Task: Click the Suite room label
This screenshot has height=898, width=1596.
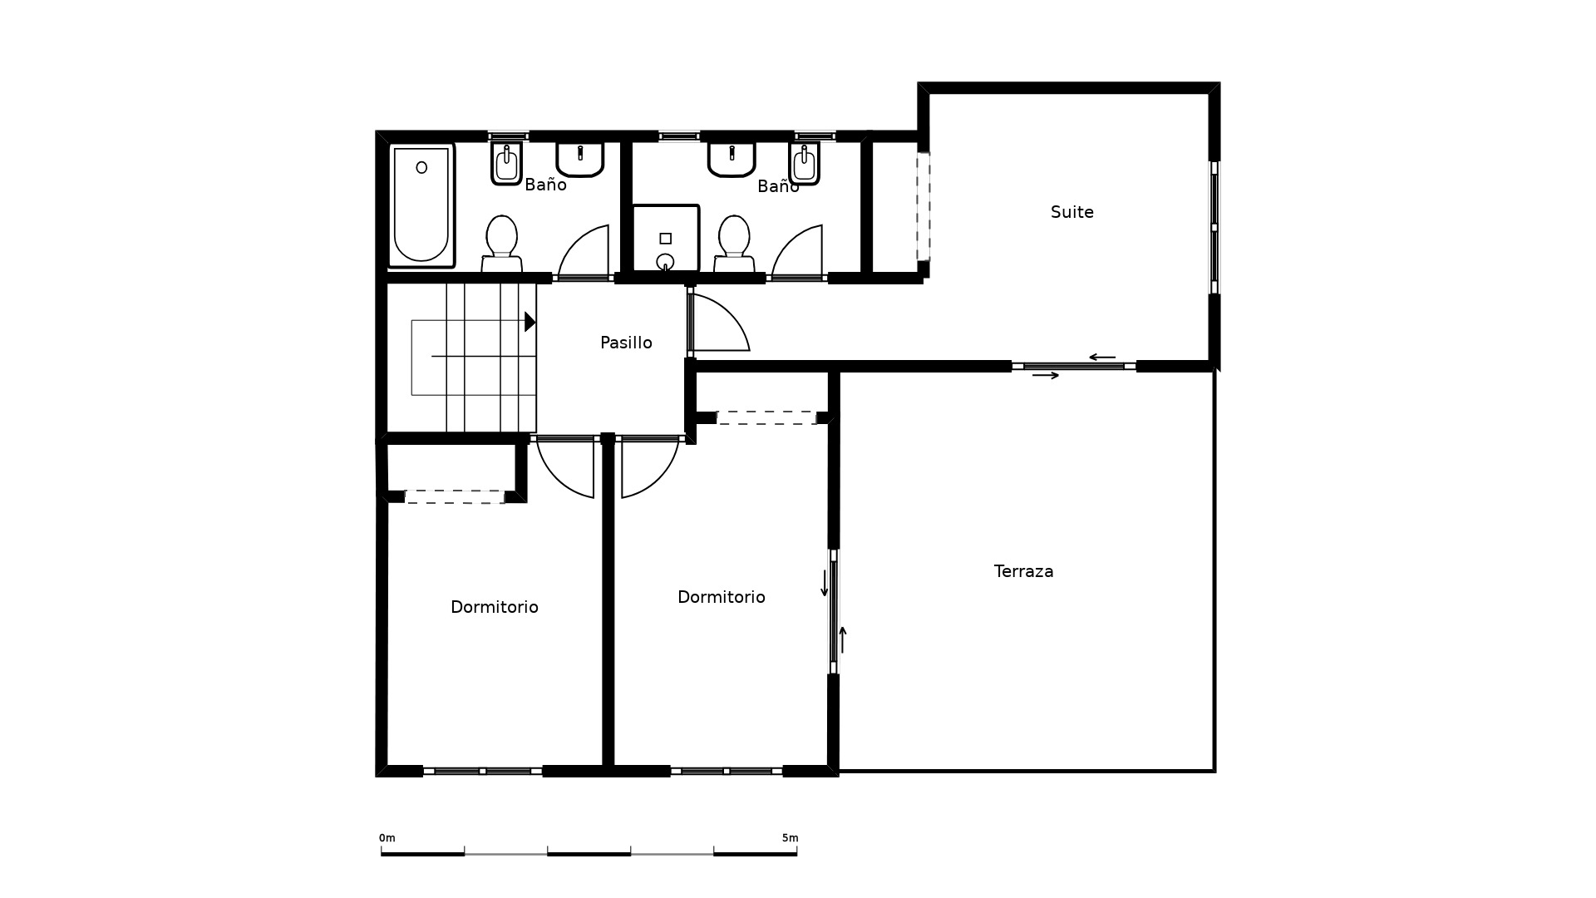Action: coord(1071,212)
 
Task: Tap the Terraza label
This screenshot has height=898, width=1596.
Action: coord(1023,571)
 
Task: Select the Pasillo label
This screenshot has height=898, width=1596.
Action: coord(626,343)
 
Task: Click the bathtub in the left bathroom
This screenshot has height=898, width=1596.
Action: coord(421,205)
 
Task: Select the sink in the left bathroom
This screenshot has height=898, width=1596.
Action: coord(579,159)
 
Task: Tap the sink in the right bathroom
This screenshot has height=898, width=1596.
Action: coord(731,159)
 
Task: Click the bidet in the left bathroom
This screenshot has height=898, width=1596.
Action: coord(506,163)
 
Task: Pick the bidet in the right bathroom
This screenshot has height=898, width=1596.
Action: coord(804,163)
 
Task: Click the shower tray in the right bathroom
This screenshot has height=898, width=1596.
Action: coord(666,239)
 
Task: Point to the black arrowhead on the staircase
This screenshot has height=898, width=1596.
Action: coord(530,322)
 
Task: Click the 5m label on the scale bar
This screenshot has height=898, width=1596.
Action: coord(790,838)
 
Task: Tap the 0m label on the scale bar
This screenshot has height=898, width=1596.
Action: coord(387,838)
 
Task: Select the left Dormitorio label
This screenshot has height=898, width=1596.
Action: coord(495,608)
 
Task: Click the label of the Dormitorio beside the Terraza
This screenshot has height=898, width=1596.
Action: coord(722,597)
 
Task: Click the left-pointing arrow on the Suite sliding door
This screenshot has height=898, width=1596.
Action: coord(1102,358)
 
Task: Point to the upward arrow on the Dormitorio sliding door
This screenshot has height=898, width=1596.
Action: coord(843,639)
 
